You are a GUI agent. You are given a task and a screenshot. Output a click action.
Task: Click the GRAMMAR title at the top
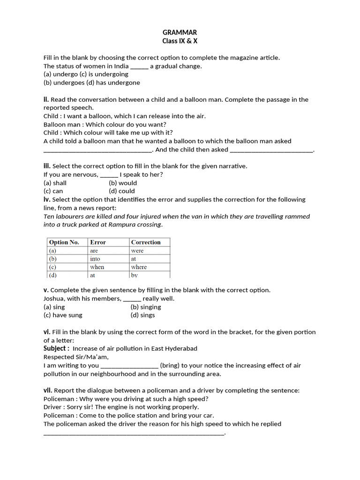[x=180, y=32]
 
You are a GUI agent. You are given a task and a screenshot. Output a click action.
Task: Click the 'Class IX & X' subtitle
[x=180, y=41]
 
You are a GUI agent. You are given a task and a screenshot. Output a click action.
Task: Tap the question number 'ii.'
[x=46, y=99]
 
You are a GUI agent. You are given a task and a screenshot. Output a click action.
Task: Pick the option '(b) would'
[x=123, y=183]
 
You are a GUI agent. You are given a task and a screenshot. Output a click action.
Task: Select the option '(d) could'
[x=121, y=191]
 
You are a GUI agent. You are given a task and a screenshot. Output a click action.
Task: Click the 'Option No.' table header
[x=64, y=242]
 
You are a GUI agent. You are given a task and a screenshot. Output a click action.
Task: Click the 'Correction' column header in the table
[x=146, y=242]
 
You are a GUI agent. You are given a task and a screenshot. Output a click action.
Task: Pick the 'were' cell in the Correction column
[x=137, y=251]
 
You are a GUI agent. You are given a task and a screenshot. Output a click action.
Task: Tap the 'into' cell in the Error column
[x=95, y=259]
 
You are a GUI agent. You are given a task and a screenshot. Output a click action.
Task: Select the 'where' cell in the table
[x=139, y=267]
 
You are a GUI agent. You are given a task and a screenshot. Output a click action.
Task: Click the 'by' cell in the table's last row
[x=135, y=275]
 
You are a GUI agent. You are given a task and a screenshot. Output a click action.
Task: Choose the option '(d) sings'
[x=142, y=315]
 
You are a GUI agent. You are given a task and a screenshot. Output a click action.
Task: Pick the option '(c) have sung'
[x=63, y=315]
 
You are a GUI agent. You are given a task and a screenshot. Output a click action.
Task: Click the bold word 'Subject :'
[x=56, y=348]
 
